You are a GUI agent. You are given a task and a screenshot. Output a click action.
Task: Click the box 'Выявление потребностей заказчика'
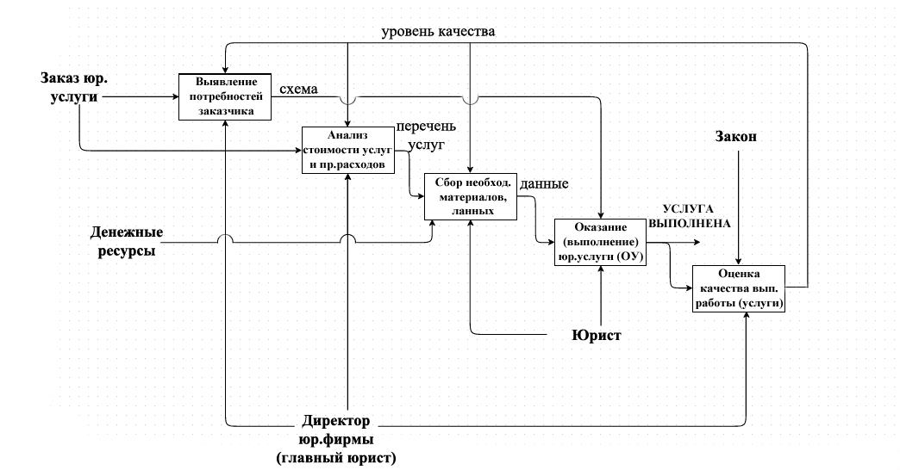(224, 96)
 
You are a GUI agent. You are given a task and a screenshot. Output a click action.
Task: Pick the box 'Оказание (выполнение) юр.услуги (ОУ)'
(601, 243)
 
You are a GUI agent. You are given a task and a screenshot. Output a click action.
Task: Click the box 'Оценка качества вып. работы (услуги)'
(739, 289)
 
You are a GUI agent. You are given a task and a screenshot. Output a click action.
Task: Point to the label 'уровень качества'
(439, 33)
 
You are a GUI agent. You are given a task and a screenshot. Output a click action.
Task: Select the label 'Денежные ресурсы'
(126, 242)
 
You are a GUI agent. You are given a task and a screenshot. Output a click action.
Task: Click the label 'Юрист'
(596, 333)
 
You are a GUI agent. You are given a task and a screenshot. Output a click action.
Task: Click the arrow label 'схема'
(299, 89)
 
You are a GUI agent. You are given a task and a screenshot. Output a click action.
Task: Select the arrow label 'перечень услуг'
(421, 138)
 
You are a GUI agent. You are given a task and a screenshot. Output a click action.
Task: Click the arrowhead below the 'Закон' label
(739, 262)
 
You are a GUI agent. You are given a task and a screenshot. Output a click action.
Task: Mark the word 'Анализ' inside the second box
(347, 135)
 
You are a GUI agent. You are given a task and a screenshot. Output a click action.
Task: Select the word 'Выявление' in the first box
(223, 83)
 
